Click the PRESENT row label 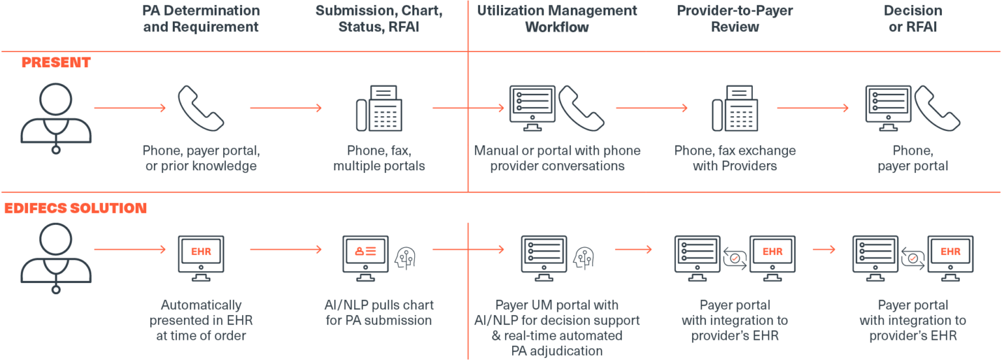pyautogui.click(x=56, y=63)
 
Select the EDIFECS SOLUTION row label pyautogui.click(x=75, y=208)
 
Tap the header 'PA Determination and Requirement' pyautogui.click(x=201, y=19)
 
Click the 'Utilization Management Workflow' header pyautogui.click(x=556, y=19)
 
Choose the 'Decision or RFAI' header pyautogui.click(x=913, y=19)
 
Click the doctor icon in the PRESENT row pyautogui.click(x=56, y=117)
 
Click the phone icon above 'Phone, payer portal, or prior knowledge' pyautogui.click(x=201, y=108)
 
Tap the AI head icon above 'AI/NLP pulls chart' pyautogui.click(x=406, y=258)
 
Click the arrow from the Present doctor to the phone pyautogui.click(x=130, y=108)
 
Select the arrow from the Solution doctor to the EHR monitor pyautogui.click(x=130, y=249)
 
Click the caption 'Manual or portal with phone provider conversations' pyautogui.click(x=557, y=158)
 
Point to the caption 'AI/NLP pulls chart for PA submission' pyautogui.click(x=379, y=312)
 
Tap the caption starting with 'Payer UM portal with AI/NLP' pyautogui.click(x=557, y=328)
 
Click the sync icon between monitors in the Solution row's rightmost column pyautogui.click(x=913, y=258)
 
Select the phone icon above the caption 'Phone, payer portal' pyautogui.click(x=937, y=108)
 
